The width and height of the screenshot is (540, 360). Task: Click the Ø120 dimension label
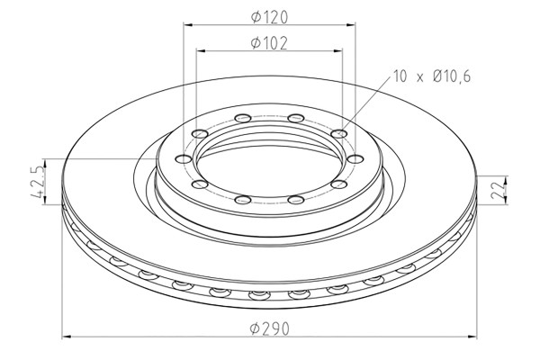pyautogui.click(x=269, y=17)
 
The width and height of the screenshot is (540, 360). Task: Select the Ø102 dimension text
pyautogui.click(x=269, y=43)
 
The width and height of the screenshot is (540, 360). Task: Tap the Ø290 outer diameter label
pyautogui.click(x=270, y=328)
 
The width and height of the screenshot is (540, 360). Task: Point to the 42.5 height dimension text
pyautogui.click(x=38, y=182)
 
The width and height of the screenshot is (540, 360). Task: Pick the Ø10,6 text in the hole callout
pyautogui.click(x=452, y=76)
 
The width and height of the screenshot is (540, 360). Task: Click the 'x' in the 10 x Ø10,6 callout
pyautogui.click(x=419, y=78)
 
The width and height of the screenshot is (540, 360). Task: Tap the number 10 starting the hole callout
pyautogui.click(x=400, y=76)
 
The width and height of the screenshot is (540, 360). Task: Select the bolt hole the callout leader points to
pyautogui.click(x=339, y=133)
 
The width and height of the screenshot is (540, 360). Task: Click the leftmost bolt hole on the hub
pyautogui.click(x=184, y=158)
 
